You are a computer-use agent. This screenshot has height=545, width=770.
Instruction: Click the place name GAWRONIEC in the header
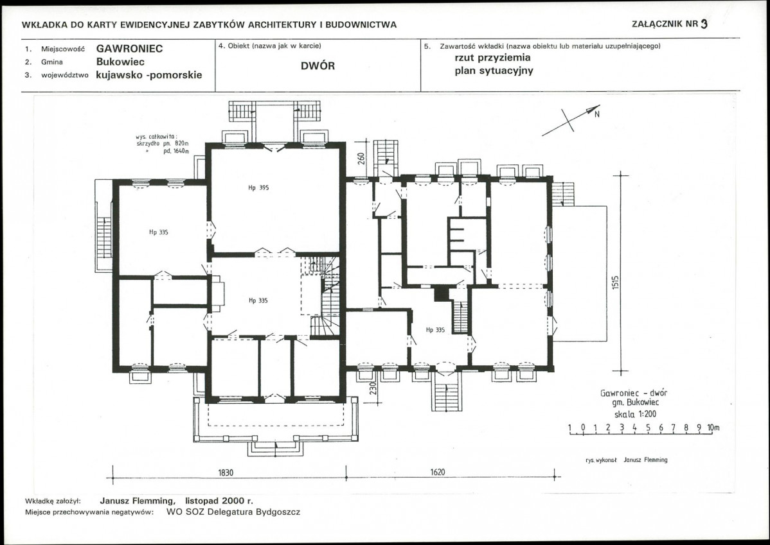click(130, 49)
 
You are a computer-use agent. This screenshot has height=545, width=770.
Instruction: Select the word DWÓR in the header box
click(318, 65)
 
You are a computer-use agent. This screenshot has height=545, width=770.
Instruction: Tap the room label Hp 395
click(258, 187)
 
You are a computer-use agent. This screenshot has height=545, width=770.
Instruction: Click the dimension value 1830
click(226, 472)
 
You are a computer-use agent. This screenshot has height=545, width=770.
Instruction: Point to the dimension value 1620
click(438, 472)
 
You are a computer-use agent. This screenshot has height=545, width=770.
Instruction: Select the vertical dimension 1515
click(616, 282)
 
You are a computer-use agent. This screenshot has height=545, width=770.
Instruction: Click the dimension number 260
click(361, 159)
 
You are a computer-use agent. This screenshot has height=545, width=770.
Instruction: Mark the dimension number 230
click(373, 388)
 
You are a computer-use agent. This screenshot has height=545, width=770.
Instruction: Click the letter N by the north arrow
click(597, 115)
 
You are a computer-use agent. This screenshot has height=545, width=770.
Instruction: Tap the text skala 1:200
click(635, 414)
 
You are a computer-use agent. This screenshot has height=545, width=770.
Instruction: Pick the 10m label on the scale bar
click(713, 428)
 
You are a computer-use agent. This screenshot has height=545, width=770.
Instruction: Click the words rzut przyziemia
click(492, 57)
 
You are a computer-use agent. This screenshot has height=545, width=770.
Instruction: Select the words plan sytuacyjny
click(494, 71)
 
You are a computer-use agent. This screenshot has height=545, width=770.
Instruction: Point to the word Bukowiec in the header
click(120, 62)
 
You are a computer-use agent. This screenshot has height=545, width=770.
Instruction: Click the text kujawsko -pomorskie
click(149, 75)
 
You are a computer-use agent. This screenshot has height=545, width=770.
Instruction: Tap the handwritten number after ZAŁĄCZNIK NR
click(704, 24)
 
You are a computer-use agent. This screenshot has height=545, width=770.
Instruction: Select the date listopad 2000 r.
click(219, 501)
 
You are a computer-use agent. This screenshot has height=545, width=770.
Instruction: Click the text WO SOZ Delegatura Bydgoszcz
click(233, 512)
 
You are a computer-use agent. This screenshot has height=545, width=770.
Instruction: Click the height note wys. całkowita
click(156, 137)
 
